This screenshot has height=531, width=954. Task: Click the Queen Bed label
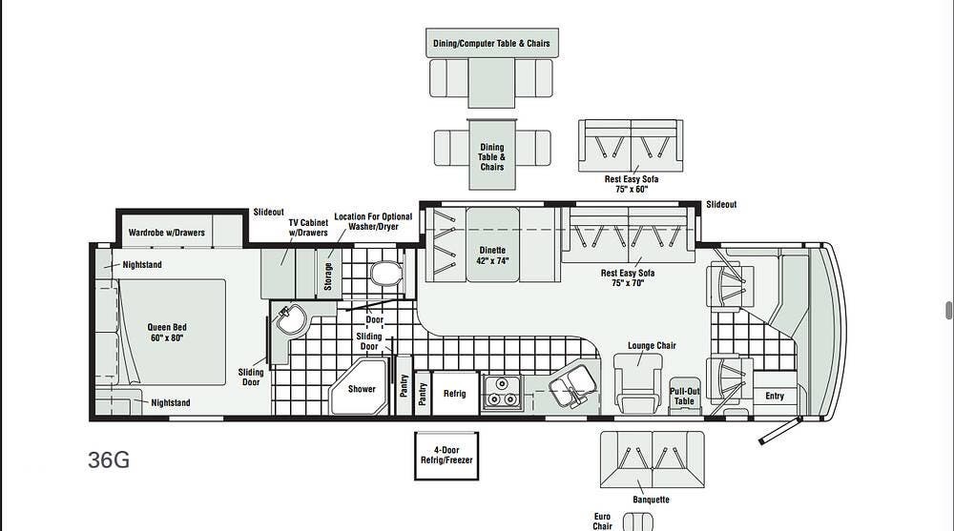(x=167, y=332)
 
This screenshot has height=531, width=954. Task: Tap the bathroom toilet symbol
(x=385, y=274)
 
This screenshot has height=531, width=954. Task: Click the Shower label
(x=362, y=389)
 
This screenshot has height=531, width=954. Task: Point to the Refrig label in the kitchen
(x=454, y=394)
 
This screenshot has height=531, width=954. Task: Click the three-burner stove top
(x=502, y=392)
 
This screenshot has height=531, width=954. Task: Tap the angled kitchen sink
(x=572, y=387)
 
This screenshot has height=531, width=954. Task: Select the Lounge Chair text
(x=652, y=345)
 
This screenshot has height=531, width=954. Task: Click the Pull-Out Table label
(x=684, y=396)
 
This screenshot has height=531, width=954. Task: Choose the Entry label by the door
(x=775, y=396)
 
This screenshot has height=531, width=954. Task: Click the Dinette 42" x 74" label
(x=492, y=255)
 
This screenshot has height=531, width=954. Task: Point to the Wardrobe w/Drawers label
(x=167, y=233)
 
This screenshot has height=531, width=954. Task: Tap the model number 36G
(x=109, y=460)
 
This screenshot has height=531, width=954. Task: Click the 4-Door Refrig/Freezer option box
(x=446, y=456)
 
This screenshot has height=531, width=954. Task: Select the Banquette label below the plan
(x=651, y=500)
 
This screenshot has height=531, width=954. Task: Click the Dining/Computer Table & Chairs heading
(x=491, y=43)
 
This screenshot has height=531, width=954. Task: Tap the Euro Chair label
(x=602, y=521)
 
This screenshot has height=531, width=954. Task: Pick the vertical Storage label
(x=328, y=276)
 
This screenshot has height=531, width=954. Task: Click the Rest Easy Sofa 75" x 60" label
(x=631, y=184)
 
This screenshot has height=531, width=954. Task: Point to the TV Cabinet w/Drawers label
(x=308, y=228)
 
